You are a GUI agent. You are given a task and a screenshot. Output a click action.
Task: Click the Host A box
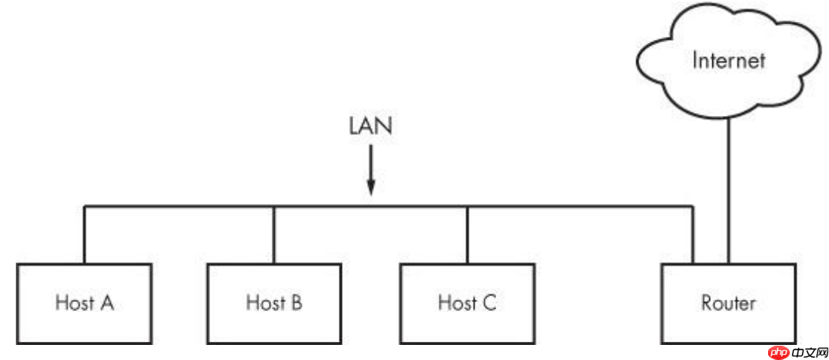coord(84,304)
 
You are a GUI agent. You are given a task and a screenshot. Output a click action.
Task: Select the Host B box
coord(275,304)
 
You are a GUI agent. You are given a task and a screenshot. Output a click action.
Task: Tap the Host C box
coord(468,304)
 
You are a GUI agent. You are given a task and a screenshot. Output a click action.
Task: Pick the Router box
coord(728,304)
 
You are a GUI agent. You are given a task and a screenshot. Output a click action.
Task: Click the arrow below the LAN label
coord(370,173)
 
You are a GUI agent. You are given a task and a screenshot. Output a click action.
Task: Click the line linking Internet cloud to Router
coord(729,188)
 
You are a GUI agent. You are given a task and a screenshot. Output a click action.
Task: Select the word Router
coord(728,304)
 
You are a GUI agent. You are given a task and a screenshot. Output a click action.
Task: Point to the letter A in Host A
coord(107,304)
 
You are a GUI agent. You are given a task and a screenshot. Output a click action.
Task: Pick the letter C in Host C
coord(489,304)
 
